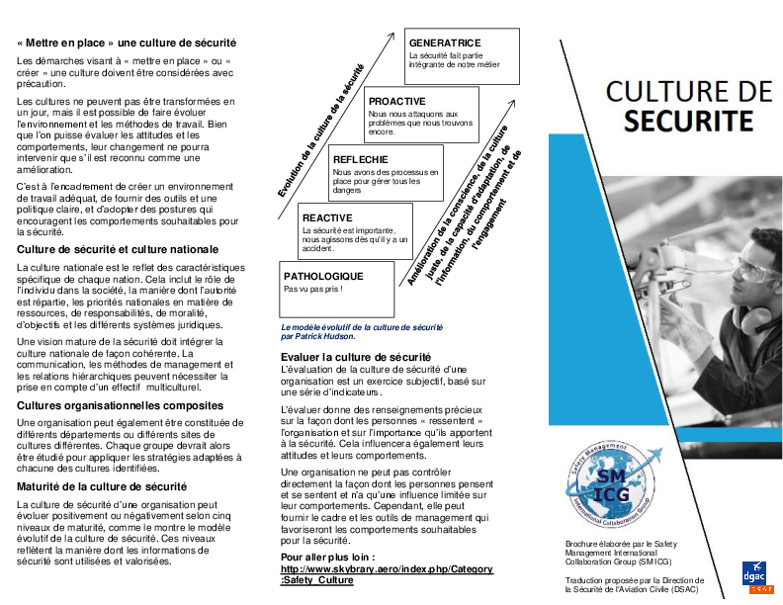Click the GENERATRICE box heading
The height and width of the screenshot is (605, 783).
pyautogui.click(x=445, y=43)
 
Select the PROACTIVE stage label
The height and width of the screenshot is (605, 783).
pyautogui.click(x=397, y=101)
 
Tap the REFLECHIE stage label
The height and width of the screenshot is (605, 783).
pyautogui.click(x=361, y=159)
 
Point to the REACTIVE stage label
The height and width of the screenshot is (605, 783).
pyautogui.click(x=327, y=217)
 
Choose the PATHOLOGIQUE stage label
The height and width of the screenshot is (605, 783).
pyautogui.click(x=323, y=276)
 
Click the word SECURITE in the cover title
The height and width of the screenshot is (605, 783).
pyautogui.click(x=687, y=122)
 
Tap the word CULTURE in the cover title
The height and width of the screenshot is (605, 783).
pyautogui.click(x=689, y=92)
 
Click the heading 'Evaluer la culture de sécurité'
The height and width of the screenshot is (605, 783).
pyautogui.click(x=356, y=356)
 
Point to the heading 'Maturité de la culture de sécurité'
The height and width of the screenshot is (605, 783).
pyautogui.click(x=102, y=487)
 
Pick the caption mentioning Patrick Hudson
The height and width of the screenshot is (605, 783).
pyautogui.click(x=361, y=330)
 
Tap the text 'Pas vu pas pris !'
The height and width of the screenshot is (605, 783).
pyautogui.click(x=313, y=289)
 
